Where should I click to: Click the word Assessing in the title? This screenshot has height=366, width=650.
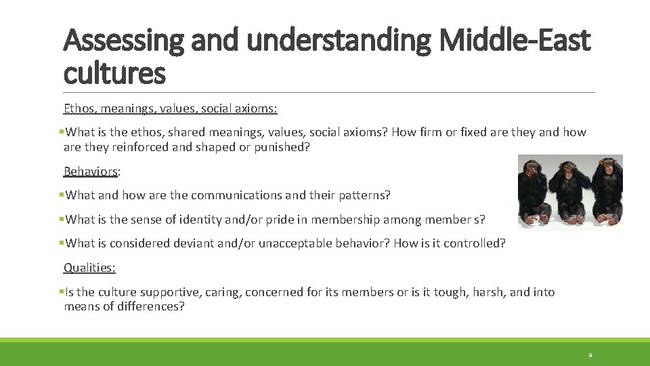pyautogui.click(x=123, y=41)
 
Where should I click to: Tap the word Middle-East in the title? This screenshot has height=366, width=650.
pyautogui.click(x=514, y=41)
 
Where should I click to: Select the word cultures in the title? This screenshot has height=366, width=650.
pyautogui.click(x=114, y=73)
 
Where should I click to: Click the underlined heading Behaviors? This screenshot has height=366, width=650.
pyautogui.click(x=90, y=171)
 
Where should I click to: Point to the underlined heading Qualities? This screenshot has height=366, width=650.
pyautogui.click(x=89, y=268)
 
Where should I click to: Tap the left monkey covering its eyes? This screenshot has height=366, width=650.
pyautogui.click(x=536, y=190)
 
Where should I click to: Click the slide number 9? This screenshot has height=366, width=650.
pyautogui.click(x=590, y=355)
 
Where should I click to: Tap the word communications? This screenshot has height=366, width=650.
pyautogui.click(x=236, y=195)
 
